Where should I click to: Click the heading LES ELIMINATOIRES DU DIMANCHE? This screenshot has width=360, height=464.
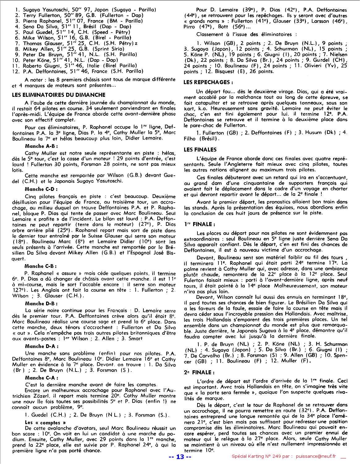point(59,95)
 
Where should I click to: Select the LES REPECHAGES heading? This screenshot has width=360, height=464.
point(208,82)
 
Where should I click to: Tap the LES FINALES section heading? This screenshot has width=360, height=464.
point(200,150)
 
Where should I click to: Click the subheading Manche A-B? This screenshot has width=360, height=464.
point(41,146)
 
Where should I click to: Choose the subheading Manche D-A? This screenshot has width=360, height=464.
point(41,346)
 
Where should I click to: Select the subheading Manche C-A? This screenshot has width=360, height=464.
point(41,378)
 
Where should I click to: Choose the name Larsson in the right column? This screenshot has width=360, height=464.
point(312,21)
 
